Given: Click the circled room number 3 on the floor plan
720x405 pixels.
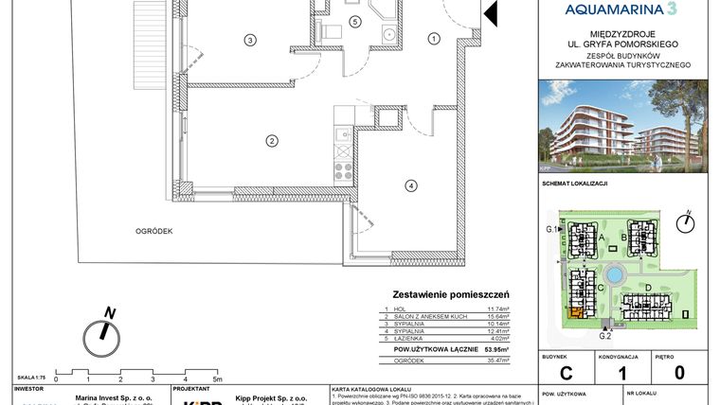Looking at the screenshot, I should click(249, 41).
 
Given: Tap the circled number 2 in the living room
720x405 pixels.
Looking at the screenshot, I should click(271, 142).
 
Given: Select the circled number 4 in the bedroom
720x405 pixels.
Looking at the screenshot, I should click(410, 185).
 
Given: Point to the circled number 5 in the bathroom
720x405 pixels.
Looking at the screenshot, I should click(354, 21).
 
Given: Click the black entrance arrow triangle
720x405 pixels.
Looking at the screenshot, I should click(491, 12).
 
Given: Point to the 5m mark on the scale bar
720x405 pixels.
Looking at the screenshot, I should click(218, 379).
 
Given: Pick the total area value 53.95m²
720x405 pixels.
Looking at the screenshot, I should click(496, 349).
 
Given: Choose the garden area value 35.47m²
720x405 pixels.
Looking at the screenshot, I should click(497, 361).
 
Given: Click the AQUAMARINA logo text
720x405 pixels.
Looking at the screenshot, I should click(621, 9).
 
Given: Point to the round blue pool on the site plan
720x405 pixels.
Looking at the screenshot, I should click(615, 275).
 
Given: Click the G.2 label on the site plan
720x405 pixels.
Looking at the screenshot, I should click(604, 334).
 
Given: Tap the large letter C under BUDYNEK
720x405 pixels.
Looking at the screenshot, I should click(567, 373).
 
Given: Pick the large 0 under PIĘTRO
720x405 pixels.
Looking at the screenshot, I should click(678, 373).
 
